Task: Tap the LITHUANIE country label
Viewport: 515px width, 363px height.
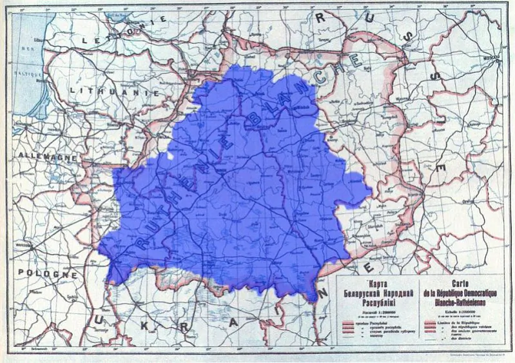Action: click(x=107, y=92)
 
